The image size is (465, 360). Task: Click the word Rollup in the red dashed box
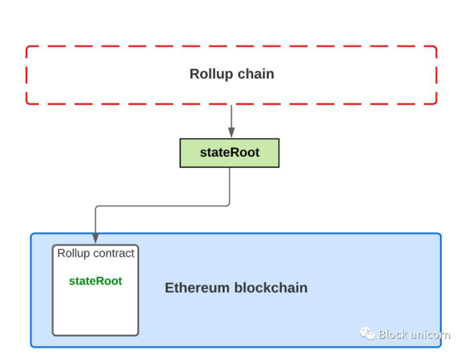coord(210,75)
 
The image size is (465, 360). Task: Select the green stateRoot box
coord(229,153)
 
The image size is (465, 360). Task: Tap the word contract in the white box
coord(114,253)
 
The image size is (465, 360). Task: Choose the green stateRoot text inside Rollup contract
coord(95,281)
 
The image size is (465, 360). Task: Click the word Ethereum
coord(197,288)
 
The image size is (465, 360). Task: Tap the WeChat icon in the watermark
coord(367,333)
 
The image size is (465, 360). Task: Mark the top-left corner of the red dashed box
coord(27,47)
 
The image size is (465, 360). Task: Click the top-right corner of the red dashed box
coord(436,47)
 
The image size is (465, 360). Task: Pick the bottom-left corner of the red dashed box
coord(27,104)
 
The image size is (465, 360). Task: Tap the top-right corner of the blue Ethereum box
coord(441,234)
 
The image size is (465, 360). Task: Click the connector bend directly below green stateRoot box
coord(229,205)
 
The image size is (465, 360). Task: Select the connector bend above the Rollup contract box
coord(95,206)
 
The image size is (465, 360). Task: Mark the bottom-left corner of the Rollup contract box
coord(54,335)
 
